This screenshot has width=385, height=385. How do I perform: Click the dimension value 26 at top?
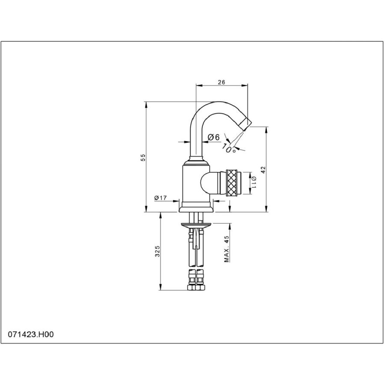pyautogui.click(x=222, y=82)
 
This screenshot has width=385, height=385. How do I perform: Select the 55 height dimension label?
pyautogui.click(x=143, y=157)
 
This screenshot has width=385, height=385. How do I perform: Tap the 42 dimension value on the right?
pyautogui.click(x=263, y=170)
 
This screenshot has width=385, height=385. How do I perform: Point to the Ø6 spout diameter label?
pyautogui.click(x=213, y=137)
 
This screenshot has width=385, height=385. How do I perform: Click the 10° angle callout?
pyautogui.click(x=229, y=148)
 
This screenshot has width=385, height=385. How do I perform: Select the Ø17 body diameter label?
pyautogui.click(x=160, y=198)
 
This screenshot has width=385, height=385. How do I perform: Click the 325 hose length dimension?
pyautogui.click(x=157, y=251)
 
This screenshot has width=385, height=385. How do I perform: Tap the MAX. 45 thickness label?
pyautogui.click(x=226, y=249)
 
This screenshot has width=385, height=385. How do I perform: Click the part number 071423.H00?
pyautogui.click(x=31, y=335)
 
